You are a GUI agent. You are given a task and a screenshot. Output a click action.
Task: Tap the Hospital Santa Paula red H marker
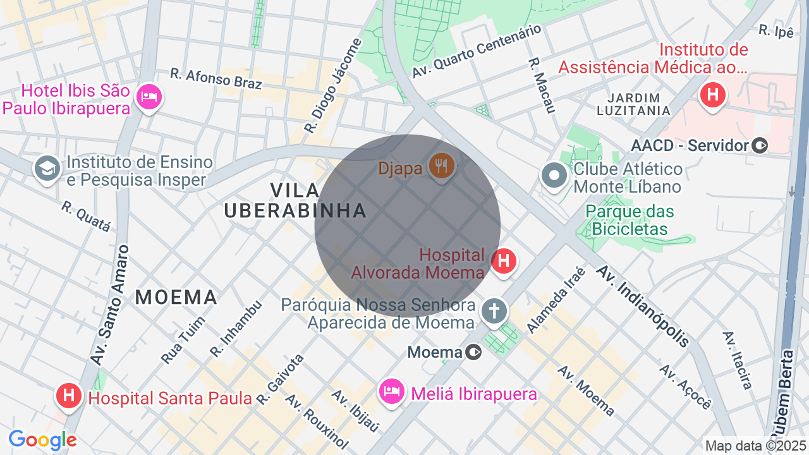pyautogui.click(x=69, y=396)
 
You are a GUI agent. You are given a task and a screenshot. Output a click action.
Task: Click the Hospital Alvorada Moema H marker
pyautogui.click(x=504, y=261)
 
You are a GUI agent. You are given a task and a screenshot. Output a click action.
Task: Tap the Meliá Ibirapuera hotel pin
pyautogui.click(x=391, y=392)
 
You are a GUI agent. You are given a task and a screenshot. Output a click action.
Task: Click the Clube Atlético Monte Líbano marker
pyautogui.click(x=554, y=176)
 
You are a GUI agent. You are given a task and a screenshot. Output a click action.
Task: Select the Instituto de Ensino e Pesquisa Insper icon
pyautogui.click(x=47, y=169)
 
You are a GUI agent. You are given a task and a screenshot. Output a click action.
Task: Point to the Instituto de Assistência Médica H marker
pyautogui.click(x=713, y=95)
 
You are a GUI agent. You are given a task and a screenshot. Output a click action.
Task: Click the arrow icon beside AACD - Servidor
pyautogui.click(x=760, y=146)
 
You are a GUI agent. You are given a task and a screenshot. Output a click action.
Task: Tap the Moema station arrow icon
pyautogui.click(x=473, y=352)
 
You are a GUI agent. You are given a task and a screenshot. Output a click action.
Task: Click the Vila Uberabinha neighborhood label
pyautogui.click(x=296, y=200)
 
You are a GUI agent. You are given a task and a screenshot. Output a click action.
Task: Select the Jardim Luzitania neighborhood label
pyautogui.click(x=633, y=104)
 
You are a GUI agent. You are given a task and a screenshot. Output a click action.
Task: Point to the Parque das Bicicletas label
pyautogui.click(x=630, y=220)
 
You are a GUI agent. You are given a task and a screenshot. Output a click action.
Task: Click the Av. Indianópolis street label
pyautogui.click(x=643, y=306)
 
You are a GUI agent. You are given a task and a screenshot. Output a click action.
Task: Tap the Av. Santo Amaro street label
pyautogui.click(x=112, y=306)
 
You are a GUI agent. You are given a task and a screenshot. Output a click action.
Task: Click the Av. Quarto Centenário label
pyautogui.click(x=477, y=51)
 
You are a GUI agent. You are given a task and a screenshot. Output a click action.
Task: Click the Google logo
pyautogui.click(x=42, y=440)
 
